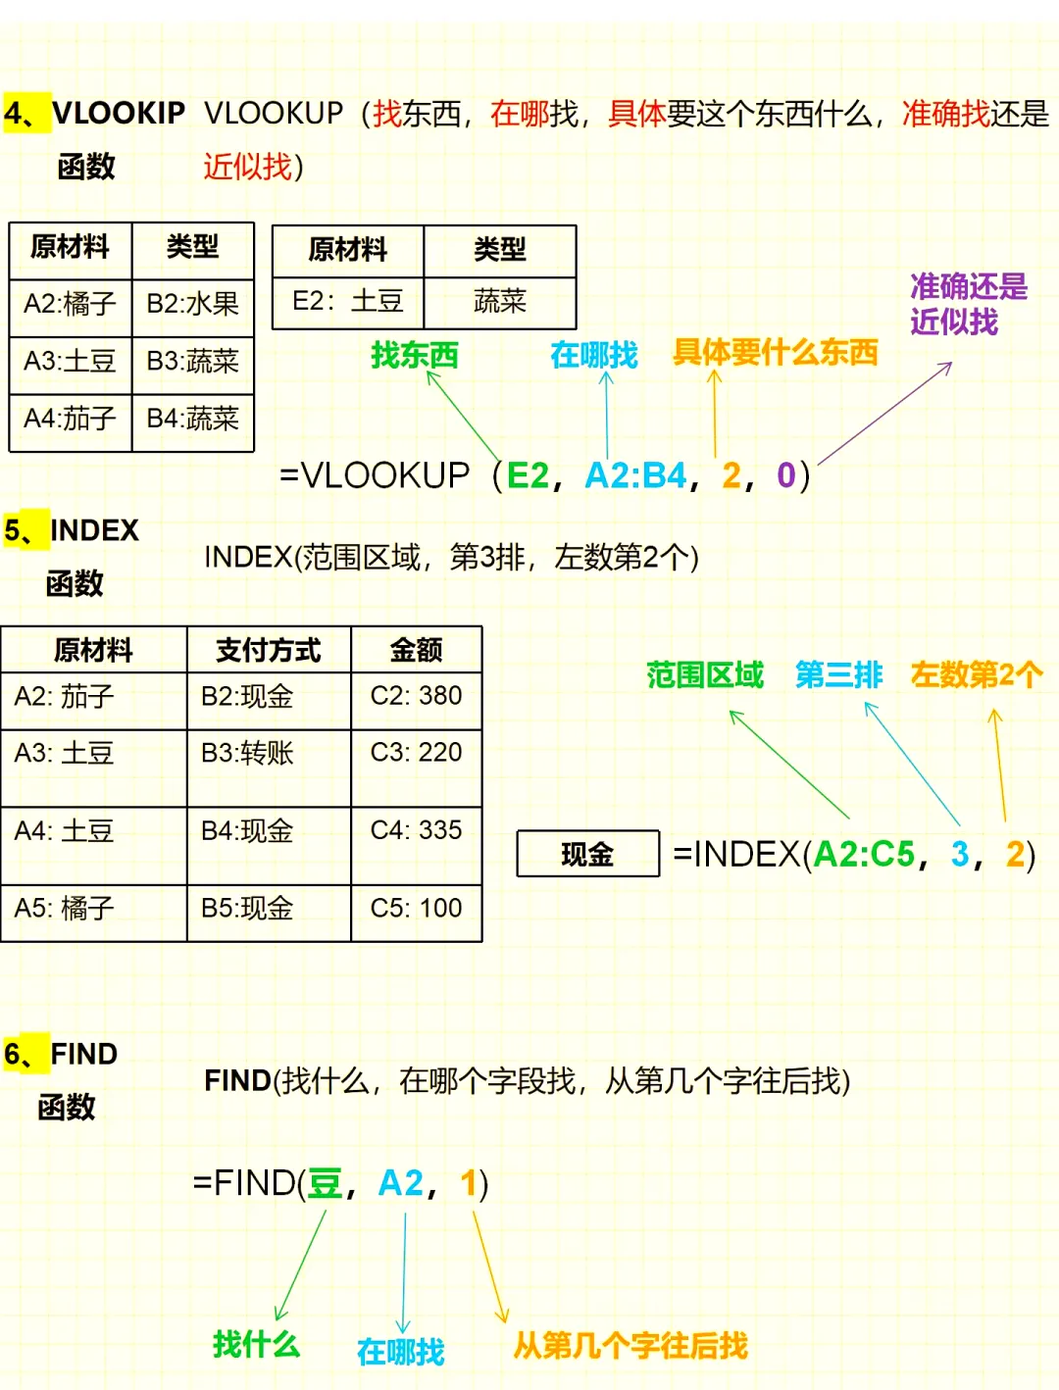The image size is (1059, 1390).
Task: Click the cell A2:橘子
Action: point(70,304)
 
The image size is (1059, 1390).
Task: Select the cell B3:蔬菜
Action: point(192,362)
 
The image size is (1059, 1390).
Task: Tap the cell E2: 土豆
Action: point(348,301)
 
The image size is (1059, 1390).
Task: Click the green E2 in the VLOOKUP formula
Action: point(528,475)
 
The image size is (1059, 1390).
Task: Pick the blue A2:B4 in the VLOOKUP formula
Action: point(635,475)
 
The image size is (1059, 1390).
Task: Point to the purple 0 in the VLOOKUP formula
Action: point(786,475)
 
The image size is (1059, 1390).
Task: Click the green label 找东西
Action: point(415,355)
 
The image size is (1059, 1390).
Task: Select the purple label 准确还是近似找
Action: point(968,304)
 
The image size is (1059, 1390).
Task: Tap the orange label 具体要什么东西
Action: point(775,353)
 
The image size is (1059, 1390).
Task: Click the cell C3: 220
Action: point(416,753)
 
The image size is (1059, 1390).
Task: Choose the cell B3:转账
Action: point(247,753)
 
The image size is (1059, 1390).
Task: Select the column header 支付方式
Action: point(268,650)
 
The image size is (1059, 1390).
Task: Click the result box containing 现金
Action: point(587,854)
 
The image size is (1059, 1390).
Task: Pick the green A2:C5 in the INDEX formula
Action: point(864,854)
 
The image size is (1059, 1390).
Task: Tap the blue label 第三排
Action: point(838,674)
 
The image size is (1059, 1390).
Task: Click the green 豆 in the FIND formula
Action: point(325,1183)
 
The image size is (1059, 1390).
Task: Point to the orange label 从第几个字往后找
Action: point(630,1346)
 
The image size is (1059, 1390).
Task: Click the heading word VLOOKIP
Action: point(119,114)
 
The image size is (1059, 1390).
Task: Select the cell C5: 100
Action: point(416,909)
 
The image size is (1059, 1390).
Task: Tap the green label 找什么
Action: point(256,1344)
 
